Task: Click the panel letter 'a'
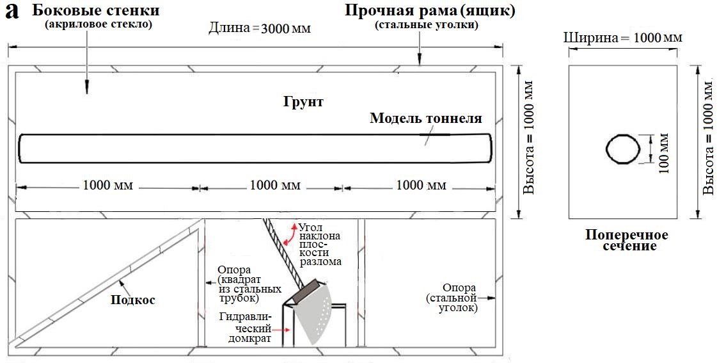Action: pos(11,13)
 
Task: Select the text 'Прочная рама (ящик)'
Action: pos(430,10)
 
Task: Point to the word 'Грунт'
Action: pos(303,101)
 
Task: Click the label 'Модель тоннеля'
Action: pos(426,118)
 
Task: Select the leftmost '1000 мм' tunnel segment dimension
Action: pos(108,186)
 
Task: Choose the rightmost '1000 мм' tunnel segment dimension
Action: pos(422,186)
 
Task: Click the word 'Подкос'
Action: pos(134,300)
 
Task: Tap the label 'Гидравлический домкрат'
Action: pos(246,328)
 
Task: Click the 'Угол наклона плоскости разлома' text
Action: pos(320,244)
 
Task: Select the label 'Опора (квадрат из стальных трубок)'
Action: pos(238,284)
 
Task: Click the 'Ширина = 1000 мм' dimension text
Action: pos(622,38)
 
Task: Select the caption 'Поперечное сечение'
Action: pos(627,240)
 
